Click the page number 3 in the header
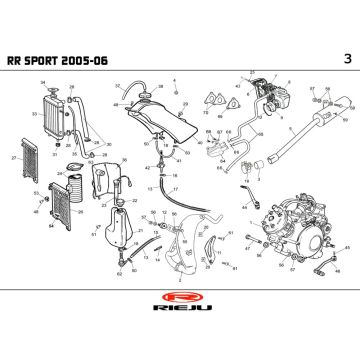(345, 59)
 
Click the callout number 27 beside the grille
(13, 159)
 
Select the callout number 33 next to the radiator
(33, 114)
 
